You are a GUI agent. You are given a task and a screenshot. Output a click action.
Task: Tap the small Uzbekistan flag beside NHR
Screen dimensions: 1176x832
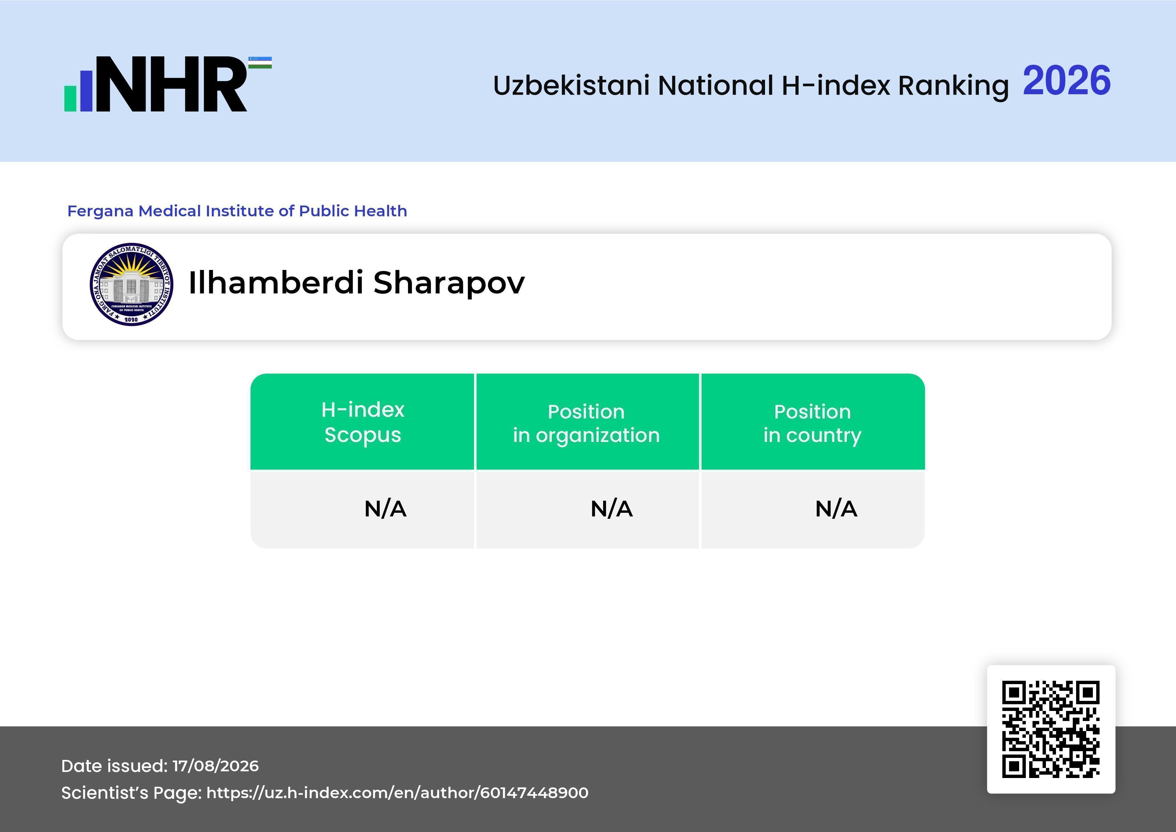[x=260, y=62]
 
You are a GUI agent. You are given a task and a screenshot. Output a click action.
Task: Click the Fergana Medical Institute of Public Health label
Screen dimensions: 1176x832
[x=237, y=211]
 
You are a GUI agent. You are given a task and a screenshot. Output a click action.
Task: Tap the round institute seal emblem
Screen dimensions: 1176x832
[x=131, y=284]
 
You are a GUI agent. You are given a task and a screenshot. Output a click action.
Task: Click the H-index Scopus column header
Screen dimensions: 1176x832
[x=363, y=422]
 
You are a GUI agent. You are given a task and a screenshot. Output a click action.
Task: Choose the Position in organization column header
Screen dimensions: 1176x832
[x=586, y=423]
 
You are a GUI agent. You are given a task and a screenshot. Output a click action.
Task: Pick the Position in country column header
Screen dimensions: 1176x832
[x=812, y=423]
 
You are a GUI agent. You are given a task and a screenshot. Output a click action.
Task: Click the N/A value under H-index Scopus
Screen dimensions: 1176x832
[x=385, y=509]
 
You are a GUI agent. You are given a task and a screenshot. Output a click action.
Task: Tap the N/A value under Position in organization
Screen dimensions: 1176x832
[x=611, y=509]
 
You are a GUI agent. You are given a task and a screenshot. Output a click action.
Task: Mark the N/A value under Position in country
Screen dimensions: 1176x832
[x=836, y=509]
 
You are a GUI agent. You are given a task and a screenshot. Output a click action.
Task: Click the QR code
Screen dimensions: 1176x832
[x=1051, y=729]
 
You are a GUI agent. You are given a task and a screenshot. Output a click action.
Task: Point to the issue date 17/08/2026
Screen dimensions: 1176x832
[x=216, y=766]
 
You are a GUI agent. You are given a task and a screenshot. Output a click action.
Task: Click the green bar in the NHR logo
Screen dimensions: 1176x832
[x=70, y=98]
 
